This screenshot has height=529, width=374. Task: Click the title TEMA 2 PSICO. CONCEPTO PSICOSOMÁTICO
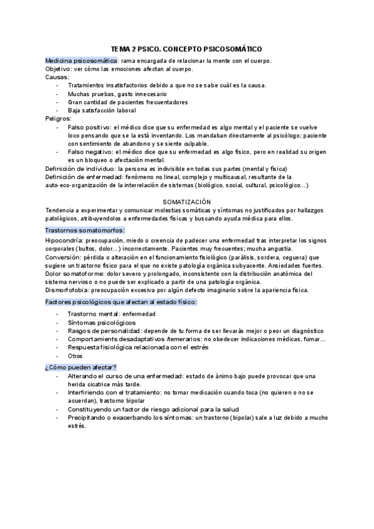186,48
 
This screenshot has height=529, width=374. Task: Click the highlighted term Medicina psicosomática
81,61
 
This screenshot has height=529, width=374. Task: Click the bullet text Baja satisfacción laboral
102,110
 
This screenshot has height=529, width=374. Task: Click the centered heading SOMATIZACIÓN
186,202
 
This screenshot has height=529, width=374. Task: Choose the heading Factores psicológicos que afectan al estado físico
122,302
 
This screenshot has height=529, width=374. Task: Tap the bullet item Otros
75,355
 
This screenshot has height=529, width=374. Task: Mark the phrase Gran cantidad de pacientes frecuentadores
128,102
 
